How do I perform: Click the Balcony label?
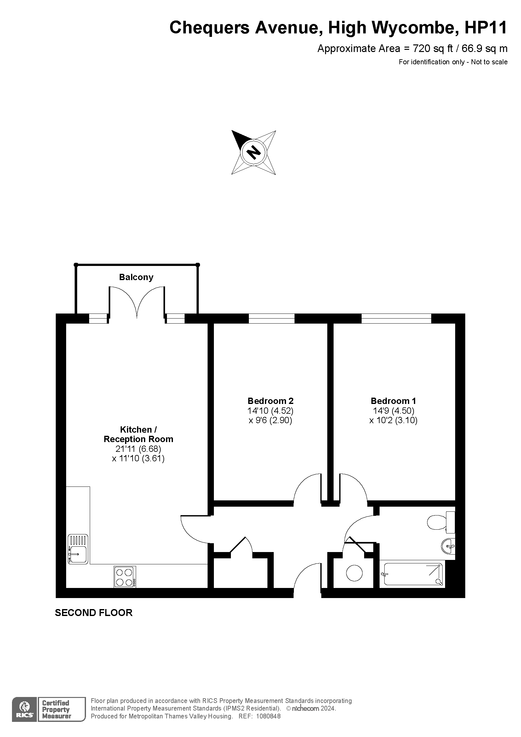136,277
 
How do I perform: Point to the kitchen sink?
78,549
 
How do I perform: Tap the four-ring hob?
124,577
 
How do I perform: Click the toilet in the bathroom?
437,522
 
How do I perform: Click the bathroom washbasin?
449,546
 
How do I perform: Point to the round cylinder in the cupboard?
354,573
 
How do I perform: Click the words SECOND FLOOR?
94,613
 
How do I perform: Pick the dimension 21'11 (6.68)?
138,448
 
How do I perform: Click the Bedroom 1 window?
396,319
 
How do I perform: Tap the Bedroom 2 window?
272,319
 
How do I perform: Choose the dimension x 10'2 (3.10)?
393,420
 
